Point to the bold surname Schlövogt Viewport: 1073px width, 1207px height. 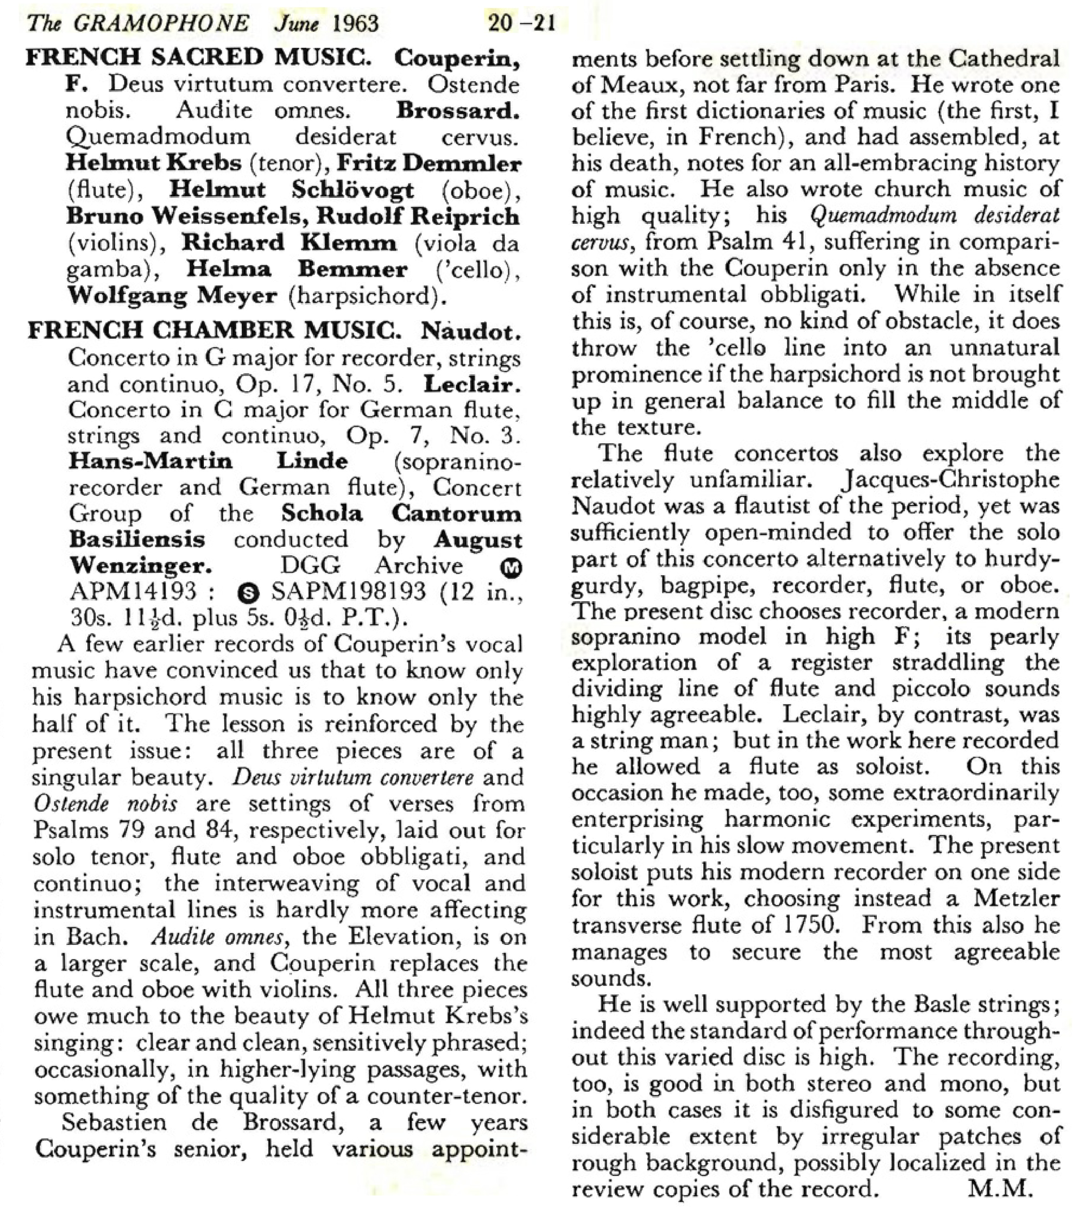point(353,190)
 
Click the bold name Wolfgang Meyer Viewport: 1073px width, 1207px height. point(172,295)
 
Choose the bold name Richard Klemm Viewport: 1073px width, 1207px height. point(289,242)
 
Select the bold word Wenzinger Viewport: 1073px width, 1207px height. point(141,566)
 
